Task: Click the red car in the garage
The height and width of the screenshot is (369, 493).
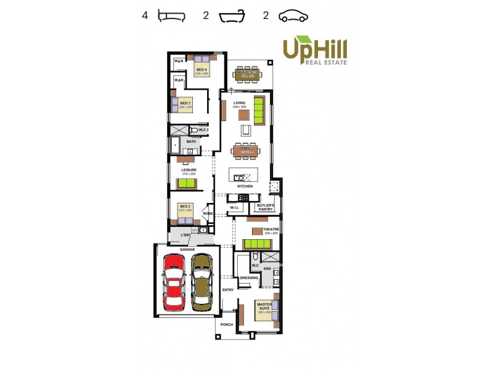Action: pos(174,284)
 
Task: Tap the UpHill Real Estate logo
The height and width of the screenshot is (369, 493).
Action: pos(315,51)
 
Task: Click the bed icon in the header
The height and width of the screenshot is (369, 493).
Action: pos(171,16)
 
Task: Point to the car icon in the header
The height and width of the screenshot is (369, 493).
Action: pos(293,16)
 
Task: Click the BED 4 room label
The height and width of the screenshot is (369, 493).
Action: pos(202,70)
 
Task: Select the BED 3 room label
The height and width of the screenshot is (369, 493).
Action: pos(185,103)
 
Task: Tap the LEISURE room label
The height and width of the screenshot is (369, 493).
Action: pos(189,170)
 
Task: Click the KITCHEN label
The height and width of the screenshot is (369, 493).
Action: pos(245,186)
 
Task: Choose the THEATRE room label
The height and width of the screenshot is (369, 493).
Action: pos(271,230)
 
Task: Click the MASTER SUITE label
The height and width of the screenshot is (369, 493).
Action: pos(264,306)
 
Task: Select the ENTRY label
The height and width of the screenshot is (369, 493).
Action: pos(228,289)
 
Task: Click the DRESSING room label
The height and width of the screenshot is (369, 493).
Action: pos(249,278)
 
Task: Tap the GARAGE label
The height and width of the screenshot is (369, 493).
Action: pos(187,249)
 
